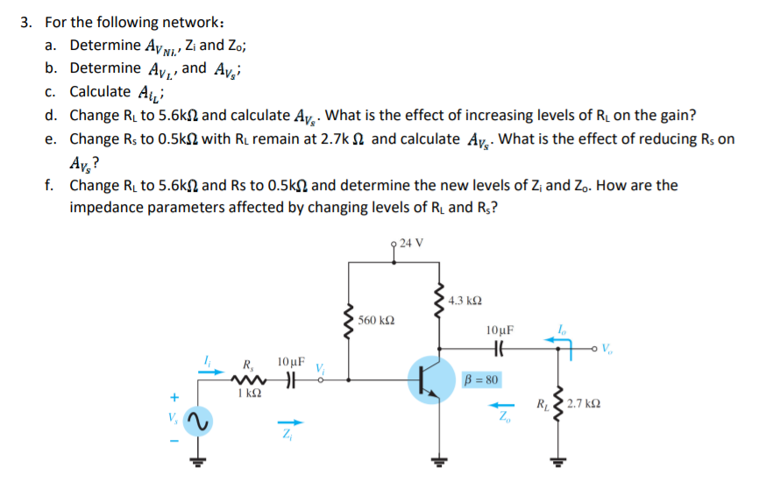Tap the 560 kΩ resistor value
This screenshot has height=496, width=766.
[379, 320]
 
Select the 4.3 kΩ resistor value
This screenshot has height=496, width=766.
[464, 301]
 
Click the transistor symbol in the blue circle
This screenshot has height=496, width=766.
[432, 380]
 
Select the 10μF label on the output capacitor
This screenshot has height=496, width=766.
[500, 330]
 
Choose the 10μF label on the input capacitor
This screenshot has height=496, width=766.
[290, 361]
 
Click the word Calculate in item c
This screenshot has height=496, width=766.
[99, 91]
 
